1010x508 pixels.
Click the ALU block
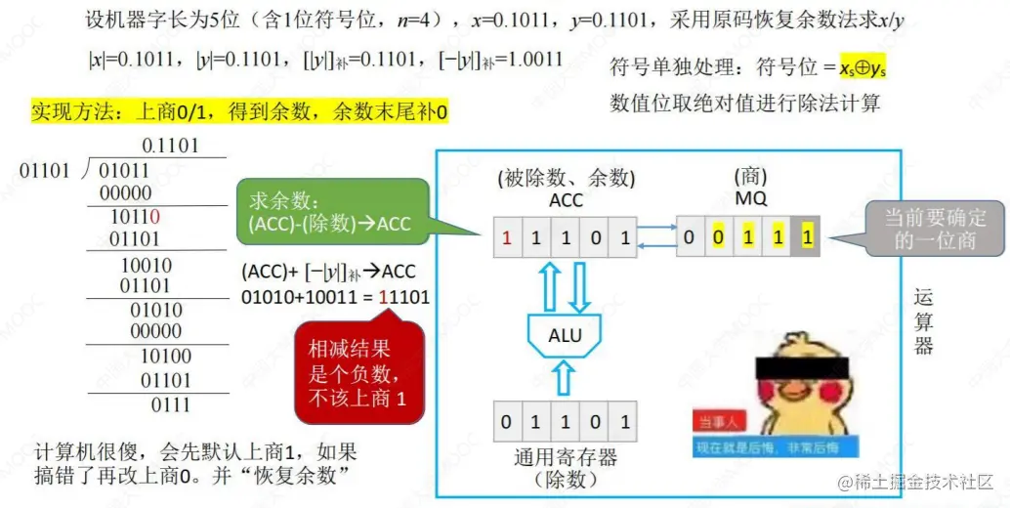click(565, 335)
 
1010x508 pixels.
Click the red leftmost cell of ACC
click(507, 236)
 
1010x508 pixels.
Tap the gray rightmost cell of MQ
click(806, 236)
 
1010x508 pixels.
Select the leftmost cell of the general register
click(507, 422)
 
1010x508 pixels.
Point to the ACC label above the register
click(567, 199)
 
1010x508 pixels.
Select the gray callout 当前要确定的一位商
click(935, 229)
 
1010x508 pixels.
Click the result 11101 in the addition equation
click(403, 296)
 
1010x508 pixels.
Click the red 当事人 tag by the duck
click(722, 422)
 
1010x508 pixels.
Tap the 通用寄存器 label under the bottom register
click(566, 457)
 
